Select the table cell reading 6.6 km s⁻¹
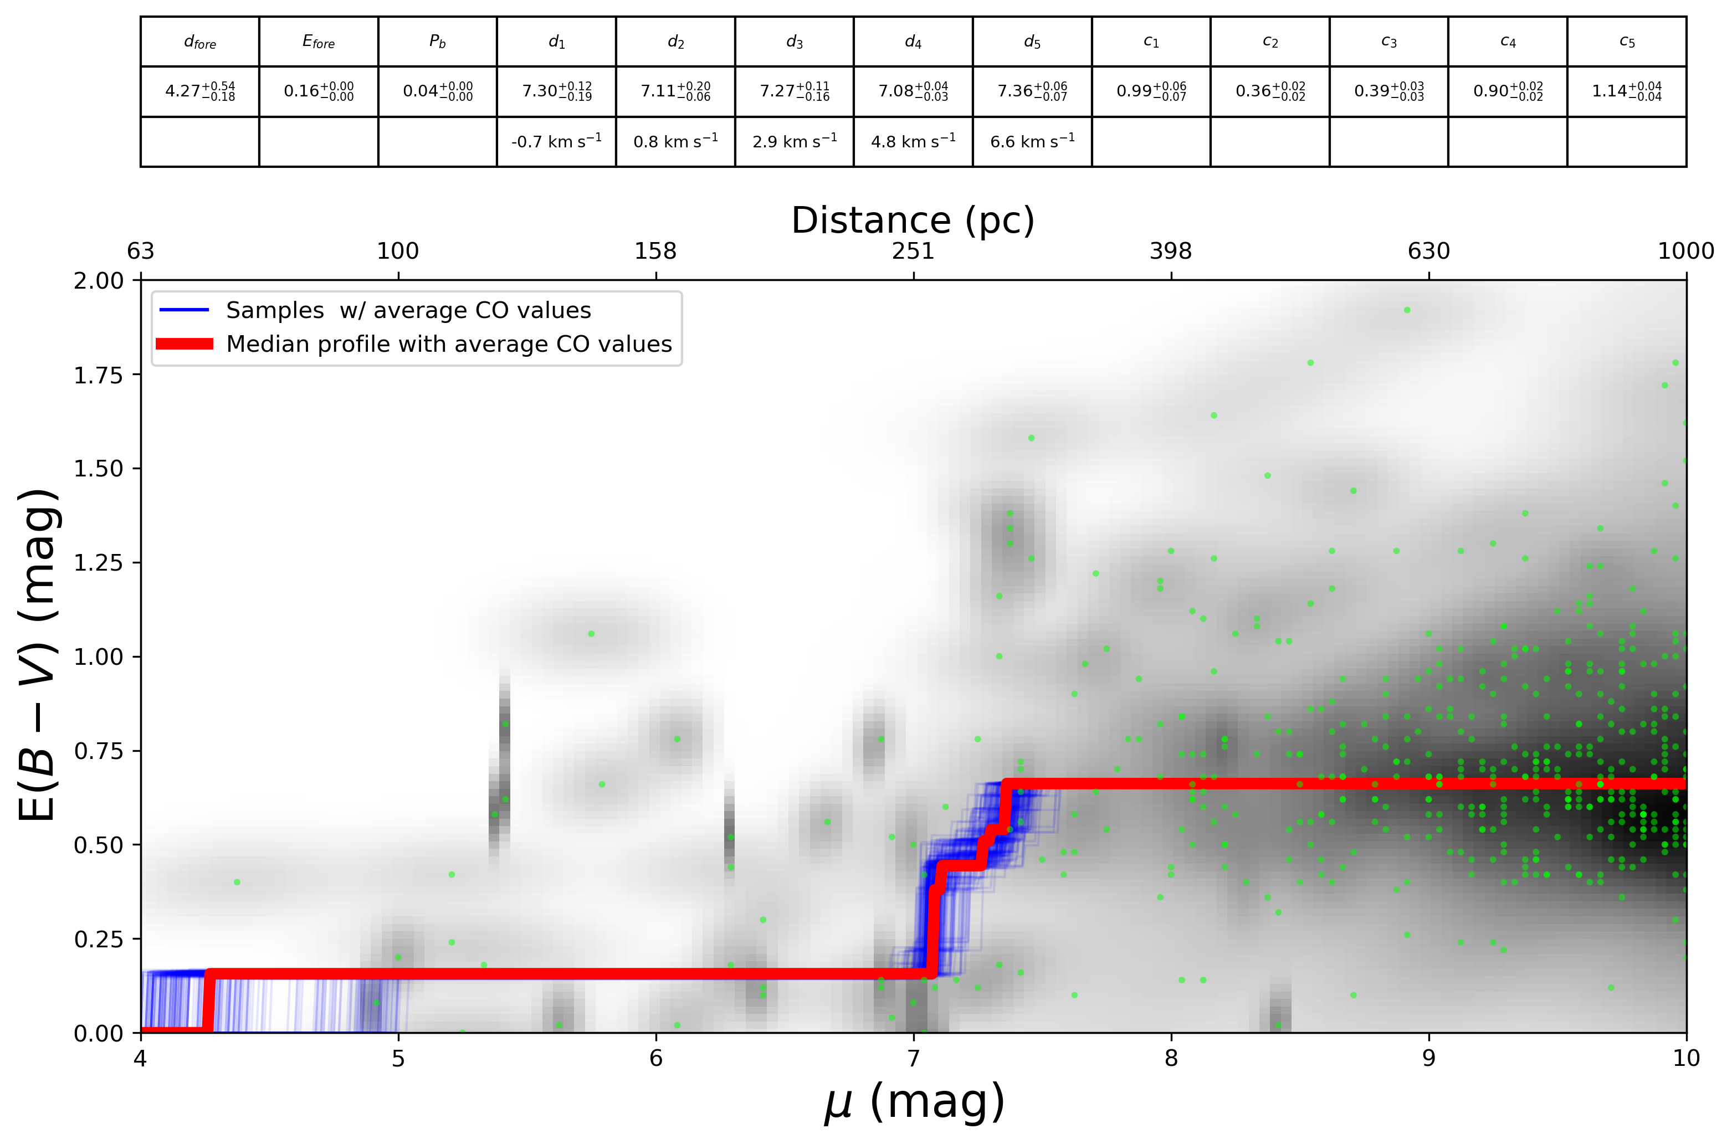[1032, 141]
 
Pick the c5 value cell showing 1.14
[1626, 91]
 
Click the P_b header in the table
[437, 42]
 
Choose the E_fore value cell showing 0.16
[318, 91]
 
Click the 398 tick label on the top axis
[1170, 251]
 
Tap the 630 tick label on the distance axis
[1428, 251]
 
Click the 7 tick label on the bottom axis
[914, 1058]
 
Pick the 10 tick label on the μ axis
[1686, 1058]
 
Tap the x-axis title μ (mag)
[914, 1102]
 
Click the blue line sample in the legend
[184, 310]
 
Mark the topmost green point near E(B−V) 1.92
[1407, 310]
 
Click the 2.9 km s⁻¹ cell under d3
[794, 141]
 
